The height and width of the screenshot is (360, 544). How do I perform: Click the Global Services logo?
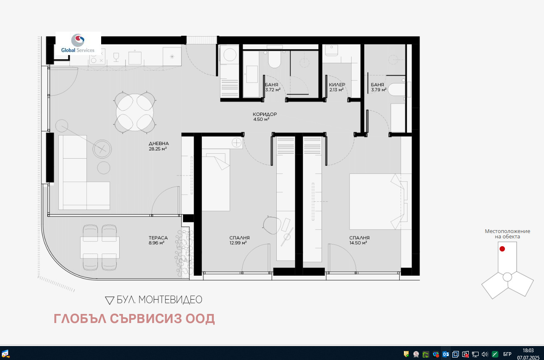(x=78, y=43)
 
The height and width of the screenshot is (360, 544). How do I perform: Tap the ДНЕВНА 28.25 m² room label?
(x=159, y=146)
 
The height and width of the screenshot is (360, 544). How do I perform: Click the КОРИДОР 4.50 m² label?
(x=264, y=117)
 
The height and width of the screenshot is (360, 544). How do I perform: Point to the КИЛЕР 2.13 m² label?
(x=336, y=87)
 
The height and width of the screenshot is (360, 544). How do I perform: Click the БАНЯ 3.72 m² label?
(x=272, y=87)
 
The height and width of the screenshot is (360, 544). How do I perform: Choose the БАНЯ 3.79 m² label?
(x=377, y=87)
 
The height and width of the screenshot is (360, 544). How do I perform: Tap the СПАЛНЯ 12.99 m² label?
(x=239, y=240)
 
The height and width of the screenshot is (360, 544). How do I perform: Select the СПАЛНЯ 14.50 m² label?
(x=359, y=240)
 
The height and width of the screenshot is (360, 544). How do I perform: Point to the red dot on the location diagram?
(x=502, y=249)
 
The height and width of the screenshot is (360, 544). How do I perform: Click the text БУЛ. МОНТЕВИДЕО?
(x=160, y=300)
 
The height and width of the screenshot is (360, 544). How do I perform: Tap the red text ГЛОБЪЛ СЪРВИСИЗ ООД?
(x=134, y=319)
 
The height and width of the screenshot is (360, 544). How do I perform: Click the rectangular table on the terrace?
(x=100, y=247)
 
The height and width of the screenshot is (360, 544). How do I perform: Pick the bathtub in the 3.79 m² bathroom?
(x=397, y=90)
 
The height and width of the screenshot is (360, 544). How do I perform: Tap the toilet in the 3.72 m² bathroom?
(x=274, y=60)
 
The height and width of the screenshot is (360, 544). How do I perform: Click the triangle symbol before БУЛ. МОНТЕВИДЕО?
(x=109, y=300)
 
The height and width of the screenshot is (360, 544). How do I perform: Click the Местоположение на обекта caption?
(x=507, y=234)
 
